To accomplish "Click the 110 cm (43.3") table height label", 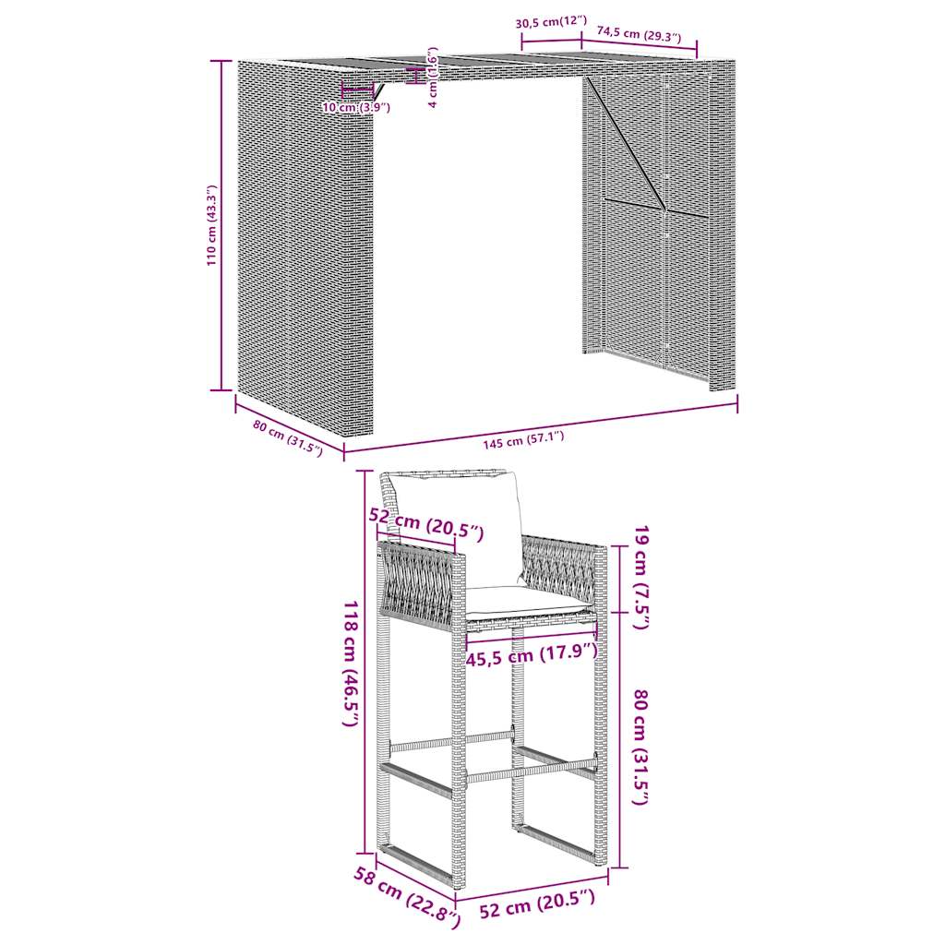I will click(x=211, y=226).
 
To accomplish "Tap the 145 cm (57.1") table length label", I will click(x=522, y=441).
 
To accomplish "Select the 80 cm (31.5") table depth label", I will click(x=287, y=438).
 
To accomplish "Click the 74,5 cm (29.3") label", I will click(x=639, y=35).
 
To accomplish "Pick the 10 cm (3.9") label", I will click(x=356, y=108).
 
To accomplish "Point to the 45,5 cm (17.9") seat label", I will click(x=532, y=656).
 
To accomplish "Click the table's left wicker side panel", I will click(x=305, y=249).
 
